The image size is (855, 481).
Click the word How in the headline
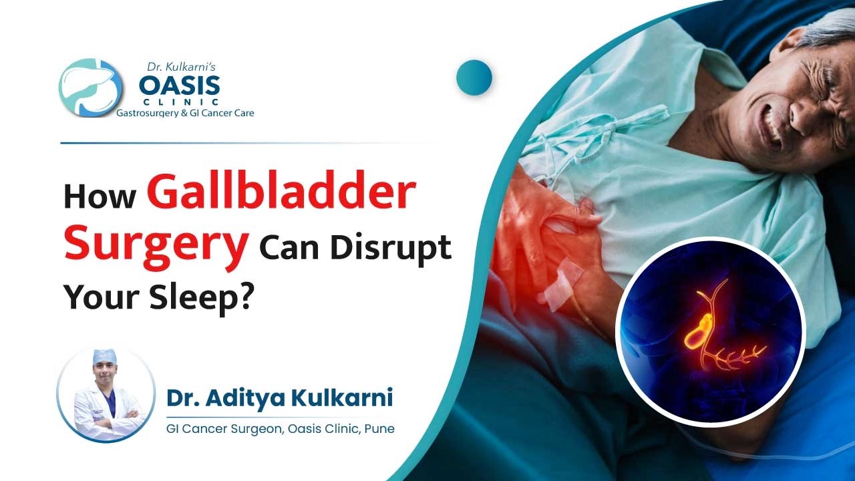click(100, 197)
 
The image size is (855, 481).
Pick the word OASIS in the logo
click(179, 85)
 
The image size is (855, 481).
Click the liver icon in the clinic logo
click(90, 88)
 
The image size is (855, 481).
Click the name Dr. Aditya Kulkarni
click(279, 397)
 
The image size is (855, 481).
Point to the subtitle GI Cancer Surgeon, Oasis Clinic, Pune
click(280, 428)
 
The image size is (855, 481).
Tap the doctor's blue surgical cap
click(105, 355)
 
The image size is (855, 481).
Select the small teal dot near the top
click(474, 77)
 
